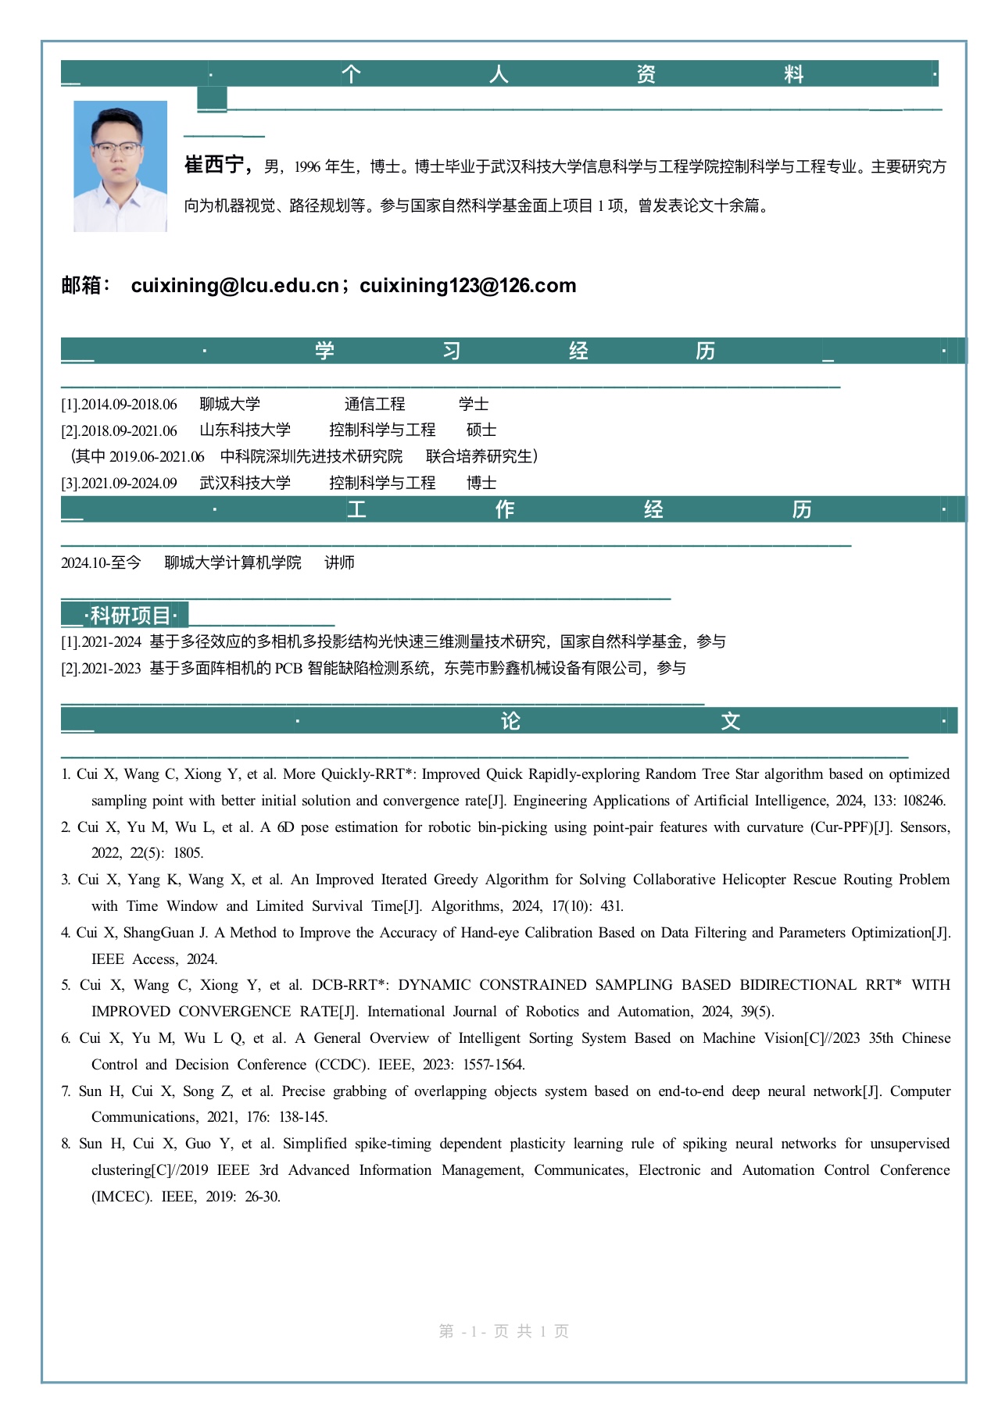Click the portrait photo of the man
click(x=120, y=166)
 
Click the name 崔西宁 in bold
click(x=216, y=165)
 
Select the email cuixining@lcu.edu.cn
click(x=234, y=286)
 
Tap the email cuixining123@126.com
click(x=468, y=286)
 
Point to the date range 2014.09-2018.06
click(x=129, y=405)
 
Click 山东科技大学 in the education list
click(x=245, y=430)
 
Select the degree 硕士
click(x=481, y=430)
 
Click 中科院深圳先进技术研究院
click(x=311, y=457)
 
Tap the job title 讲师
click(x=339, y=563)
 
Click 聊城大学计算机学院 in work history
click(x=232, y=563)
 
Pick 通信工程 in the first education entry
click(x=374, y=405)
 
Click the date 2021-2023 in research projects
click(x=112, y=669)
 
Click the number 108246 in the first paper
click(x=924, y=801)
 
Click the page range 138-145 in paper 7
click(x=303, y=1117)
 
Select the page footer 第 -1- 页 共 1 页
click(x=504, y=1331)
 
